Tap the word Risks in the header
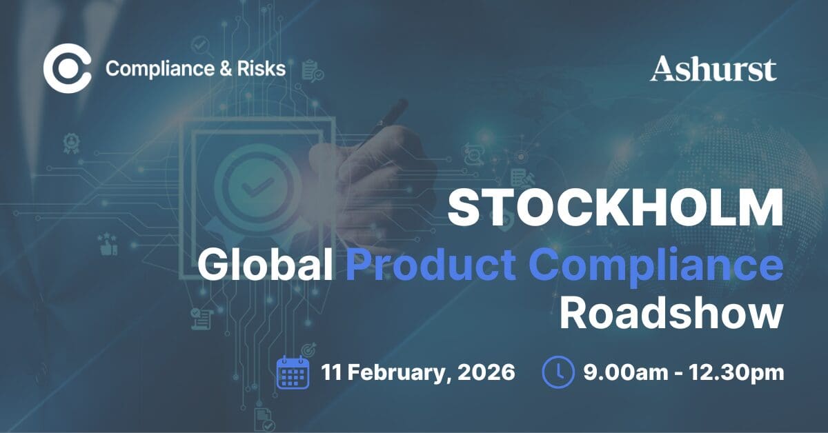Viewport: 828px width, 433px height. [x=262, y=69]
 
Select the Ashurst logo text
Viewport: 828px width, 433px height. [x=713, y=68]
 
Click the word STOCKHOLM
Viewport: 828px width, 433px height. [x=615, y=208]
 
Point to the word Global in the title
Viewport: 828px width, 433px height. [x=265, y=265]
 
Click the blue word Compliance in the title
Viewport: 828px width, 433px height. [x=656, y=267]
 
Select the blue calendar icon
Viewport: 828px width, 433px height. [x=293, y=372]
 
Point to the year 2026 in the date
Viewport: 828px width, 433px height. [x=486, y=372]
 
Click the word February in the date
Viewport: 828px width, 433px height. [x=397, y=373]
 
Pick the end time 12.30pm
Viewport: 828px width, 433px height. [x=736, y=373]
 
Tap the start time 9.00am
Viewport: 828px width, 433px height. [x=627, y=372]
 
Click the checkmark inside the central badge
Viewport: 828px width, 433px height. [x=257, y=187]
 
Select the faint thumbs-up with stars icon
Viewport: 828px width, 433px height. [x=108, y=244]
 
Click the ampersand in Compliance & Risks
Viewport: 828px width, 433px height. [x=226, y=69]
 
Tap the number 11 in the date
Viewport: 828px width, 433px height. [x=331, y=372]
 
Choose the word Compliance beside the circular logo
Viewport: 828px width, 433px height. [x=160, y=69]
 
